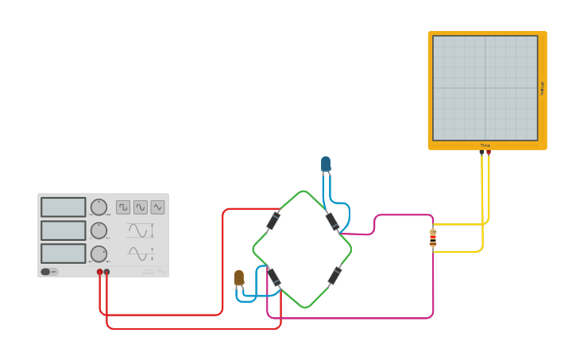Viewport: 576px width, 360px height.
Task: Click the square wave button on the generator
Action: pyautogui.click(x=123, y=207)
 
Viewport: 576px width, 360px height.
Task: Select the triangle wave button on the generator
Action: pyautogui.click(x=157, y=207)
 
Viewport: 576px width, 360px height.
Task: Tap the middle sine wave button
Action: pyautogui.click(x=141, y=207)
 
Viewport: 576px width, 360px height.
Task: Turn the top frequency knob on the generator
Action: pyautogui.click(x=99, y=207)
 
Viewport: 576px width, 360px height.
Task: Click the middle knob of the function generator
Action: pyautogui.click(x=99, y=230)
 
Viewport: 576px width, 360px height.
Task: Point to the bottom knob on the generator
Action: pyautogui.click(x=99, y=254)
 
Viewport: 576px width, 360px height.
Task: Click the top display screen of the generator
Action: pyautogui.click(x=63, y=207)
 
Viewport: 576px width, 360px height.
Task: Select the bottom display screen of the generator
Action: pyautogui.click(x=63, y=254)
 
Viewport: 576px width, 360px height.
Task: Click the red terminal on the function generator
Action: pyautogui.click(x=100, y=272)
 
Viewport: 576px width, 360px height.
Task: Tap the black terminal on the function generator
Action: pyautogui.click(x=107, y=272)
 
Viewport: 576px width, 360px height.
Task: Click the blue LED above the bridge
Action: pyautogui.click(x=326, y=164)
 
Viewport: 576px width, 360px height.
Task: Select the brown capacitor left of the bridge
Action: pyautogui.click(x=238, y=277)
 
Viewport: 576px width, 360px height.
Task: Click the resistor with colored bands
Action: pyautogui.click(x=433, y=238)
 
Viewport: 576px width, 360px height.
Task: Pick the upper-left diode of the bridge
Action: pyautogui.click(x=273, y=220)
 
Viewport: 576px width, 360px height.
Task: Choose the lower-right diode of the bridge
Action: pyautogui.click(x=335, y=276)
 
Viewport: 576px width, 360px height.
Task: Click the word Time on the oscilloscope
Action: pyautogui.click(x=485, y=145)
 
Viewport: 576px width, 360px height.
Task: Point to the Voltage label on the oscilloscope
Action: pyautogui.click(x=543, y=88)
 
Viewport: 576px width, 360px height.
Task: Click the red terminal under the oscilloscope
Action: pyautogui.click(x=488, y=152)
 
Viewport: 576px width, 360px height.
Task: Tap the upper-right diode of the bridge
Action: pyautogui.click(x=332, y=221)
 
